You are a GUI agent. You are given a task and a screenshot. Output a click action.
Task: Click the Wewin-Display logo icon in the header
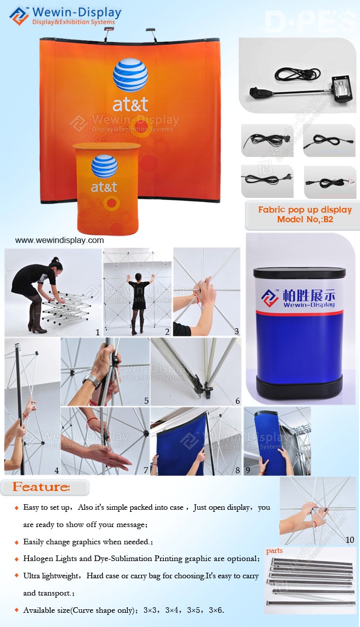[x=19, y=16]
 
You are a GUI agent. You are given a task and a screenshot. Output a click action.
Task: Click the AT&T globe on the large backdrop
[x=130, y=75]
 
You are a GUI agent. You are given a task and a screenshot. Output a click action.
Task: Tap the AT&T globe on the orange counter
[x=104, y=166]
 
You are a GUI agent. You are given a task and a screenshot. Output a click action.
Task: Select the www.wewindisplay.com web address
[x=59, y=240]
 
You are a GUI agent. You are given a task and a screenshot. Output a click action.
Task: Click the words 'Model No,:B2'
[x=305, y=219]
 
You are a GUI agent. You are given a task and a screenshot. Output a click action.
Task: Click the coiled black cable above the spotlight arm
[x=297, y=74]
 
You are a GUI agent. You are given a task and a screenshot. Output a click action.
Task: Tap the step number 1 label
[x=98, y=332]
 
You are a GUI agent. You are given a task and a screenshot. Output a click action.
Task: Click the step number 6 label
[x=237, y=401]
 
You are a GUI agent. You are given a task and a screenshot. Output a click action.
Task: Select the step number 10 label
[x=350, y=539]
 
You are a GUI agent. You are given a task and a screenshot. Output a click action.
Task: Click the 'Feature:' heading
[x=42, y=487]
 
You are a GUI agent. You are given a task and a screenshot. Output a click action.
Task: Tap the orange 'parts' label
[x=274, y=551]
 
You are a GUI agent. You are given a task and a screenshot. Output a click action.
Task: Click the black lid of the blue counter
[x=299, y=273]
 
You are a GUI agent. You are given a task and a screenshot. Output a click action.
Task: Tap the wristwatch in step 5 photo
[x=92, y=380]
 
